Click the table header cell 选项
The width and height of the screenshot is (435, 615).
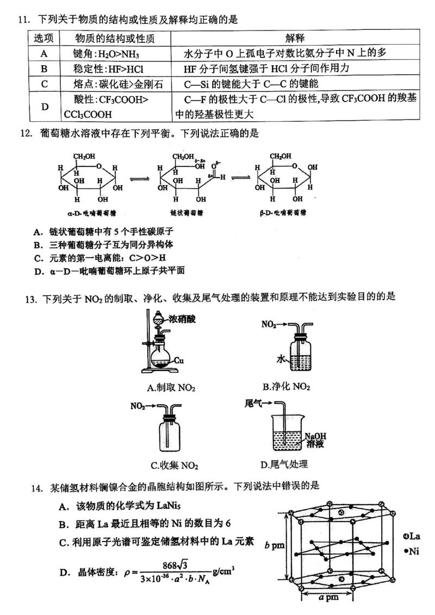click(x=44, y=39)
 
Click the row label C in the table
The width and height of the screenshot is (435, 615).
click(x=44, y=84)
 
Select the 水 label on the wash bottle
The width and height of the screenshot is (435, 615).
click(x=281, y=359)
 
